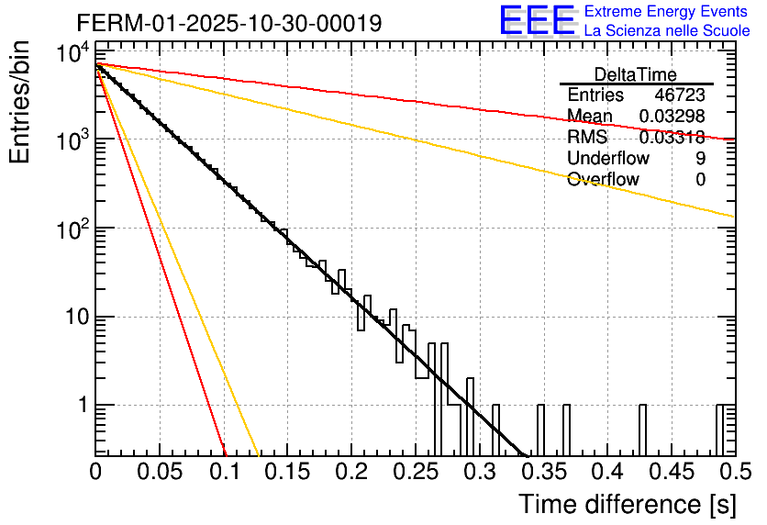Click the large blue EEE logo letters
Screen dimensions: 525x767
(537, 22)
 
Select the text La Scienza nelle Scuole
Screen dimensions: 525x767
(667, 31)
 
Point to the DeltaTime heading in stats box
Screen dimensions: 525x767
(636, 74)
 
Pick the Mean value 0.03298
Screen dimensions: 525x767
(672, 117)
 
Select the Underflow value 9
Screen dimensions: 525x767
(700, 159)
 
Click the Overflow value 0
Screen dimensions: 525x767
(700, 180)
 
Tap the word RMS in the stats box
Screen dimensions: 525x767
(587, 138)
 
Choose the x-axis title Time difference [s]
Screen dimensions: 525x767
(626, 504)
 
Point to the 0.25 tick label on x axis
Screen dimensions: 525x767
(415, 472)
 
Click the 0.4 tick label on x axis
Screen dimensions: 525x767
(607, 472)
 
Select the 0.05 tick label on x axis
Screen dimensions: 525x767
(160, 472)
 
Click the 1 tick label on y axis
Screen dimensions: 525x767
(82, 406)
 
